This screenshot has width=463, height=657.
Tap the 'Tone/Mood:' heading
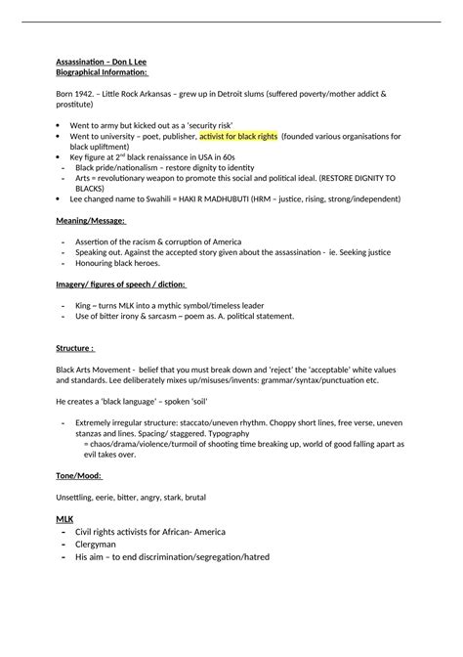[79, 475]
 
